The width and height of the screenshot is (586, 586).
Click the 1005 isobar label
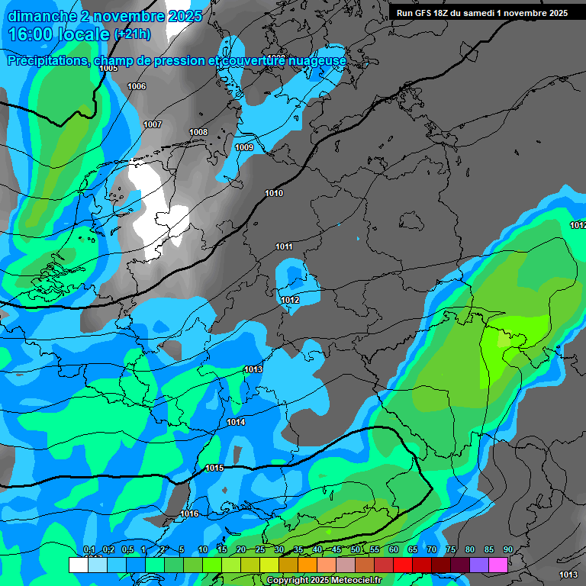[x=108, y=68]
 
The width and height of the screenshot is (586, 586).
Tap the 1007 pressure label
[x=153, y=124]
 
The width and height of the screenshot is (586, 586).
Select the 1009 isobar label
[x=244, y=147]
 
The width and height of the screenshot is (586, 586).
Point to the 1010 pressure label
[x=274, y=193]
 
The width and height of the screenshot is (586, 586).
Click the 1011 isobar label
[x=284, y=246]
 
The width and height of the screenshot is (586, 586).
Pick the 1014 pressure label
[x=236, y=422]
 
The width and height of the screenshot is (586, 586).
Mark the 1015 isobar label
[x=214, y=468]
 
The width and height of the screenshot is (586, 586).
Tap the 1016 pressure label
[x=189, y=514]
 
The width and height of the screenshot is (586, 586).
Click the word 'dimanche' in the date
[x=42, y=16]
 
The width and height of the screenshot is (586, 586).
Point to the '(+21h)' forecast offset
[x=132, y=34]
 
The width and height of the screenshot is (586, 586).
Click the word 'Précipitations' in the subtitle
[x=47, y=60]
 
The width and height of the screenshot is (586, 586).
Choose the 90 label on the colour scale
[x=507, y=549]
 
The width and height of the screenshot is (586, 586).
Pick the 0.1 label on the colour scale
[x=89, y=549]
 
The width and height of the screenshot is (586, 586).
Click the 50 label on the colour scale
[x=356, y=549]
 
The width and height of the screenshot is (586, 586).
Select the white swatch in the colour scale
[x=78, y=564]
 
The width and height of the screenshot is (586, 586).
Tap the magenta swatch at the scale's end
[x=498, y=564]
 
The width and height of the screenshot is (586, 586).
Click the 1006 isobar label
[x=137, y=86]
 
